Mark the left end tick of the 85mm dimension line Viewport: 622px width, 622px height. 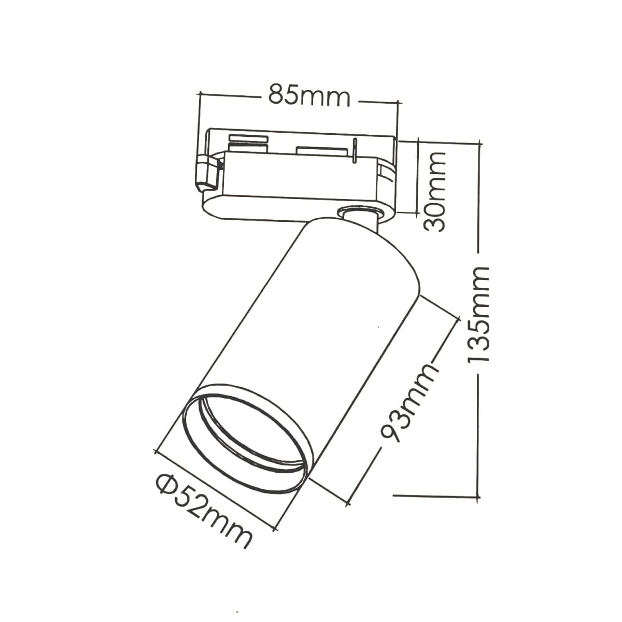coord(200,94)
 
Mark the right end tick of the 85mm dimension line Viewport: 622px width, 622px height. coord(398,103)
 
